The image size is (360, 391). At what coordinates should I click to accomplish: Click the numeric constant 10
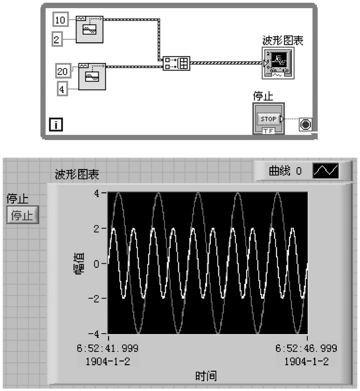coord(60,20)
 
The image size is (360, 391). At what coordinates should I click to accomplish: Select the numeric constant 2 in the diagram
coord(57,39)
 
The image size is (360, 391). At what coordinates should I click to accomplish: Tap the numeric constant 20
coord(63,71)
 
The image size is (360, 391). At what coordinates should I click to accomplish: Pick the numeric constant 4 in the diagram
coord(62,89)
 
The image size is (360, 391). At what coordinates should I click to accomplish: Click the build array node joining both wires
coord(176,63)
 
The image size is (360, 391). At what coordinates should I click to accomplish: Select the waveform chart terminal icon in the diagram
coord(278,63)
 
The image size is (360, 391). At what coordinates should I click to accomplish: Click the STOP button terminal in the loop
coord(269,119)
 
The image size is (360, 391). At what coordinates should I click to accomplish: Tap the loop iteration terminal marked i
coord(56,124)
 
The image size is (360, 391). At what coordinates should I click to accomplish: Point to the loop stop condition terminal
coord(306,124)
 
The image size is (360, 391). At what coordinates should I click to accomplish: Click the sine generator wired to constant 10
coord(89,29)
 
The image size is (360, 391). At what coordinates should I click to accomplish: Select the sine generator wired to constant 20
coord(92,76)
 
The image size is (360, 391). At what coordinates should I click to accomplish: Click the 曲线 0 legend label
coord(285,171)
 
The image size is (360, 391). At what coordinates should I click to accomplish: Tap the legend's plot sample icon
coord(325,171)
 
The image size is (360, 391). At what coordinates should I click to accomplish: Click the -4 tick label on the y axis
coord(94,333)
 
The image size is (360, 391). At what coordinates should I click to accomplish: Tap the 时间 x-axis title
coord(206,376)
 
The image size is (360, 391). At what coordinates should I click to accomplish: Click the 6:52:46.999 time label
coord(306,348)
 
